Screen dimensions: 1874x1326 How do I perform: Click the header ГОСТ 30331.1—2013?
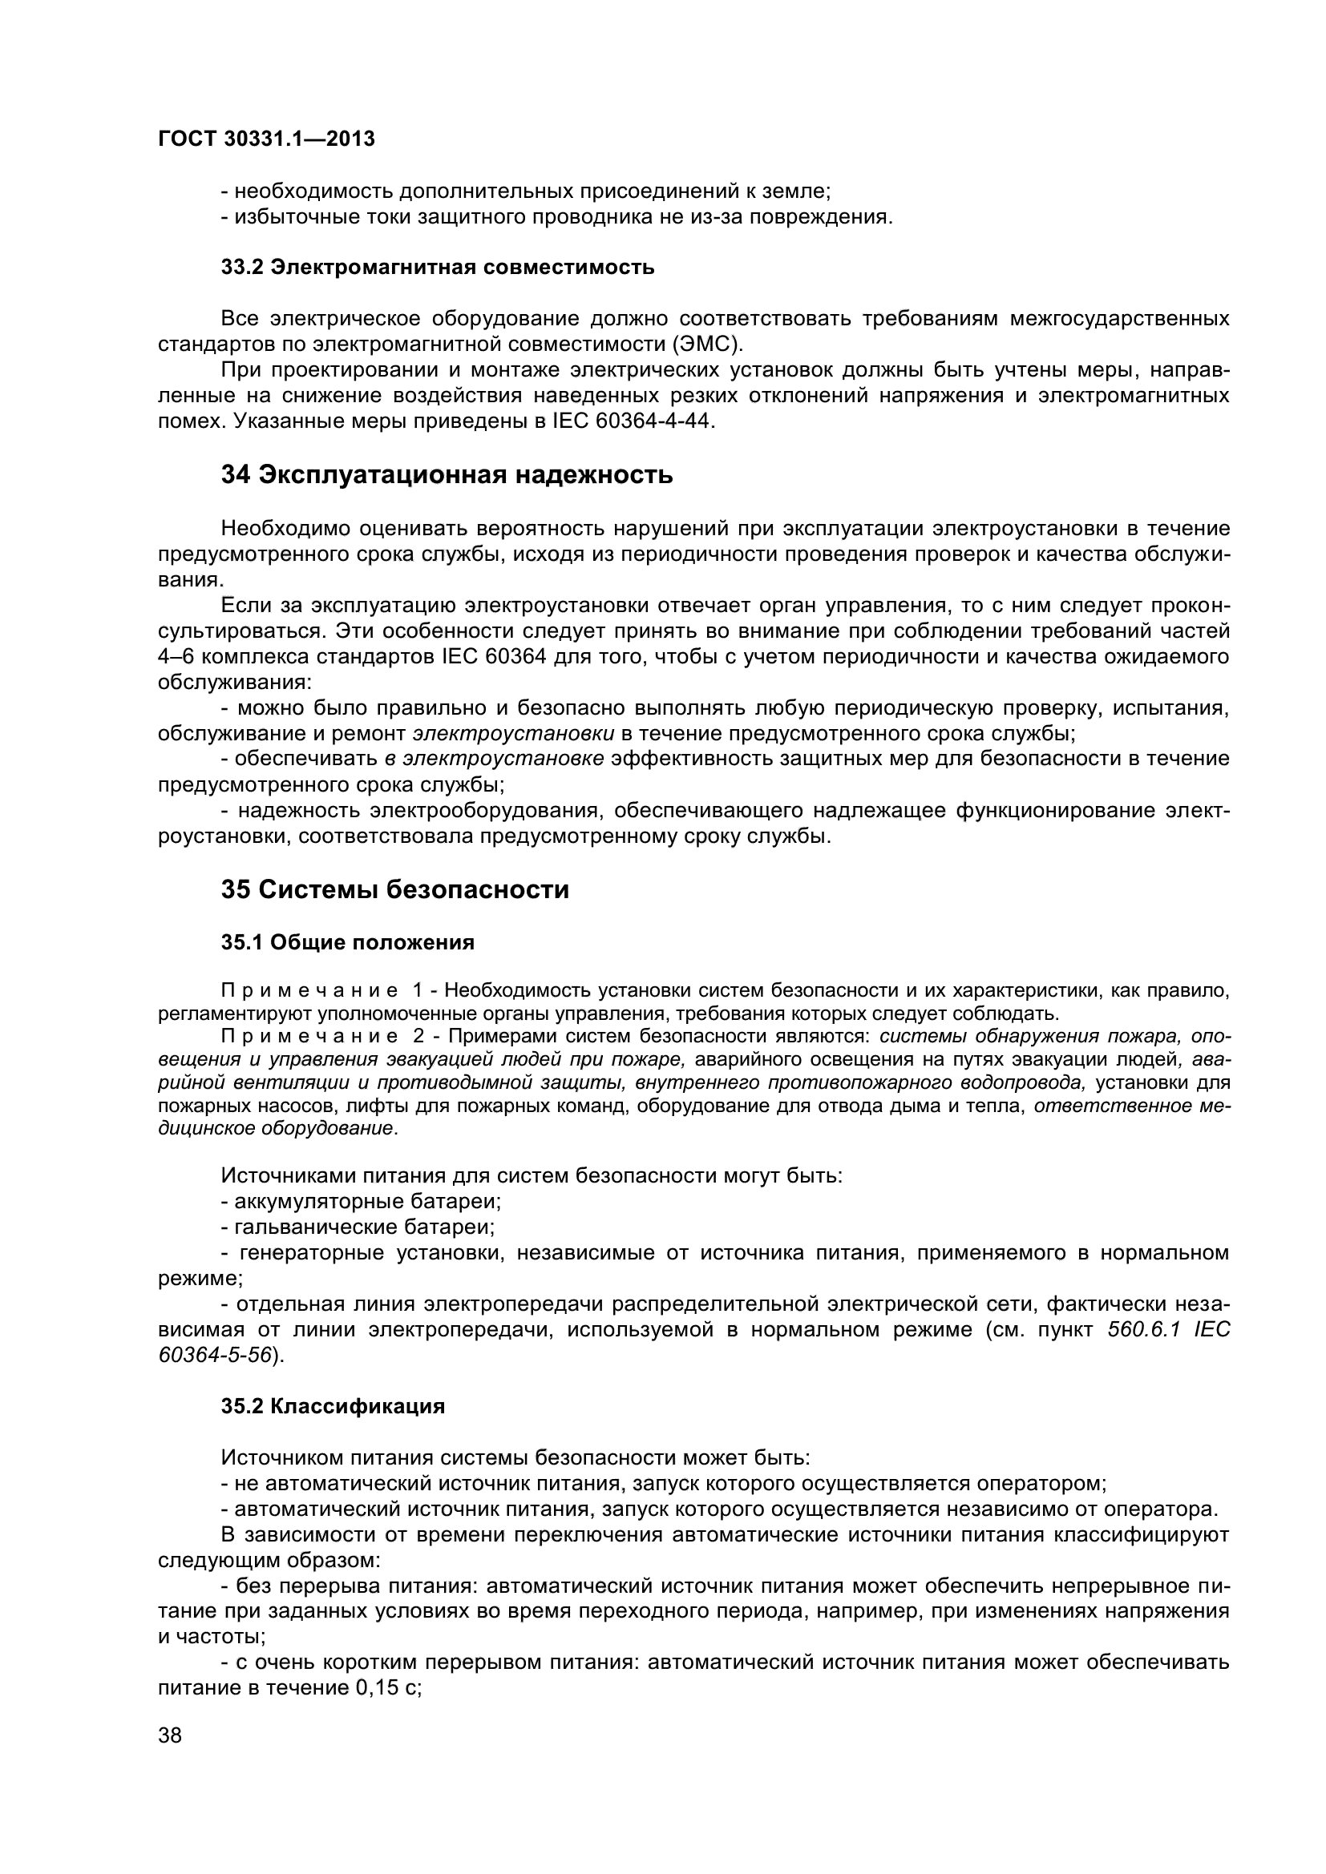pyautogui.click(x=265, y=139)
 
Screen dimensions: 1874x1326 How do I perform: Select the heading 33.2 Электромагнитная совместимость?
pyautogui.click(x=438, y=267)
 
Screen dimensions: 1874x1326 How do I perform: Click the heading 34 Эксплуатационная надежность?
pyautogui.click(x=447, y=474)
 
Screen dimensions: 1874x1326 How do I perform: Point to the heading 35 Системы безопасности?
pyautogui.click(x=394, y=889)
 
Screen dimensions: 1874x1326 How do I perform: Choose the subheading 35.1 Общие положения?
pyautogui.click(x=348, y=943)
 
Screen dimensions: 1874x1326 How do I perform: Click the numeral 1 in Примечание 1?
pyautogui.click(x=417, y=991)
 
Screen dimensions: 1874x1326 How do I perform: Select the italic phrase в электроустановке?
pyautogui.click(x=494, y=758)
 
